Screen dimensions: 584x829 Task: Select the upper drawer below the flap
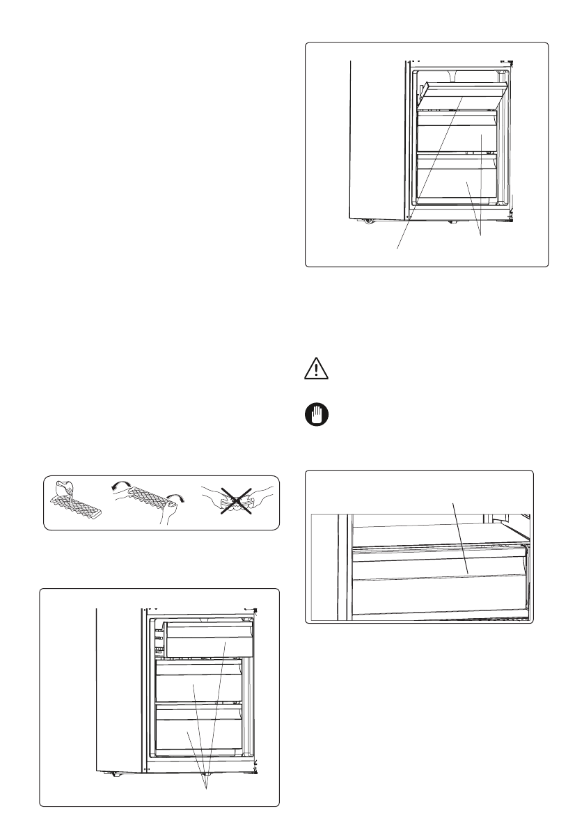click(456, 134)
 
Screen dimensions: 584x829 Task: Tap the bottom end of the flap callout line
click(397, 248)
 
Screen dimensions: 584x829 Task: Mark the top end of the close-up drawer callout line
click(454, 503)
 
